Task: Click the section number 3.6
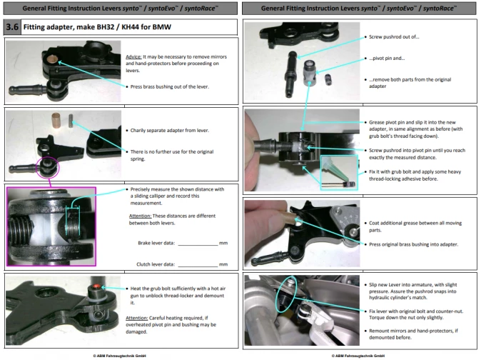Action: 12,27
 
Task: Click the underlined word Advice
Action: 133,56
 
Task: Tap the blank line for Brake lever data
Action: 198,245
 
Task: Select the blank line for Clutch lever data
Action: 198,266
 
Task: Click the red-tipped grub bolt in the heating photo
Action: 96,286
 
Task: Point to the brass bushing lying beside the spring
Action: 56,120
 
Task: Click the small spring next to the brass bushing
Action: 71,121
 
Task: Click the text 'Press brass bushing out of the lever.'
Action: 170,87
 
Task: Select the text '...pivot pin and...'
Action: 387,59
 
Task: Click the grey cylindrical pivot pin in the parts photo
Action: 310,73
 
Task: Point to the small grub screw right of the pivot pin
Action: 328,79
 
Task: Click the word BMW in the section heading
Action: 162,27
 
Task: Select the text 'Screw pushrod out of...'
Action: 394,37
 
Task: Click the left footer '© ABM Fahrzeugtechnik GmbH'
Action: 120,356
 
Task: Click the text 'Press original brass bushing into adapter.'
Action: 413,244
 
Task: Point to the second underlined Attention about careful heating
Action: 137,318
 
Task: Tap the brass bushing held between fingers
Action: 286,218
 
